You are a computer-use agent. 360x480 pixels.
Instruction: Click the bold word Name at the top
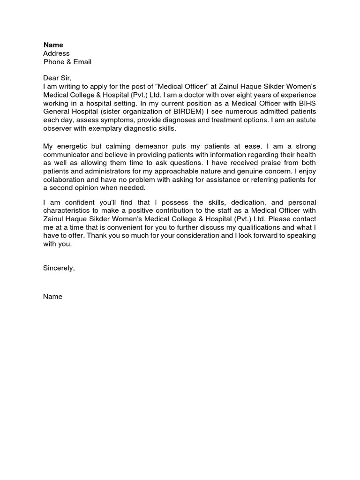pos(53,45)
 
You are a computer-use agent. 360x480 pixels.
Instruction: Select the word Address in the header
pos(56,53)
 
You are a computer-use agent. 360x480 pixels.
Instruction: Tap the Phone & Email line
pos(67,62)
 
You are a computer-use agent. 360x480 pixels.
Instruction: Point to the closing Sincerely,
pos(59,268)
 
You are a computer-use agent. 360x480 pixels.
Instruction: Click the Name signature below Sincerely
pos(52,296)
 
